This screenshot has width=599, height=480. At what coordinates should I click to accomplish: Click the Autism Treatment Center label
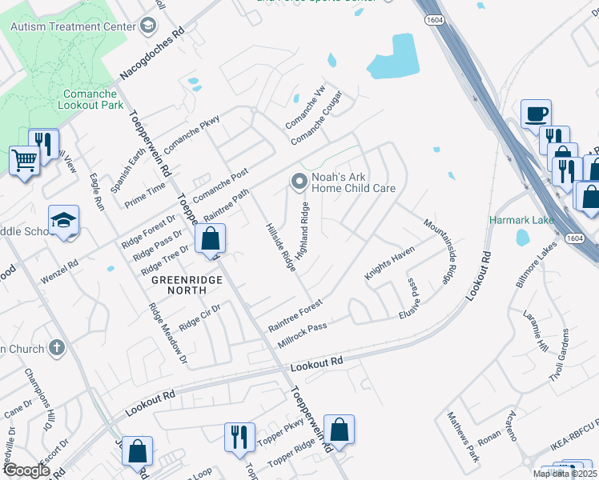[x=73, y=26]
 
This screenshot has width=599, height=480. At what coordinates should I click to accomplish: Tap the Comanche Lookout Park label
[x=93, y=99]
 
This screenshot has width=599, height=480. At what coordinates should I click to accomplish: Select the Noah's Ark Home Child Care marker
[x=299, y=183]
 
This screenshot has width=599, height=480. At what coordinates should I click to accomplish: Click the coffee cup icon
[x=536, y=114]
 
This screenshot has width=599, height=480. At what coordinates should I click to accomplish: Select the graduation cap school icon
[x=64, y=222]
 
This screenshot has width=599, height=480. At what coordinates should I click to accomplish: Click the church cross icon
[x=55, y=348]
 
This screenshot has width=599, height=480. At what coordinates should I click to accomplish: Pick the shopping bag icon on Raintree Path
[x=210, y=238]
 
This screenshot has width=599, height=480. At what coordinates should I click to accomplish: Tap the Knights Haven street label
[x=389, y=262]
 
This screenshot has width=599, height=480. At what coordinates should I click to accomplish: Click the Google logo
[x=26, y=470]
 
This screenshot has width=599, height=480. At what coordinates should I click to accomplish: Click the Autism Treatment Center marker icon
[x=147, y=26]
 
